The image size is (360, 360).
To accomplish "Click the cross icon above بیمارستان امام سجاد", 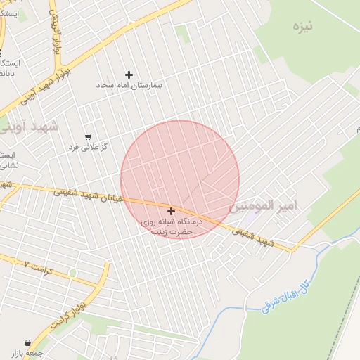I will [x=129, y=74].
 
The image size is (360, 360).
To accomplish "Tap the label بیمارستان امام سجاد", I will [x=129, y=85].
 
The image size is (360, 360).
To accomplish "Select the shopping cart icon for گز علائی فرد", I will [x=88, y=137].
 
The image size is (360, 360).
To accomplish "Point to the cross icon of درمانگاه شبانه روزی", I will [x=171, y=211].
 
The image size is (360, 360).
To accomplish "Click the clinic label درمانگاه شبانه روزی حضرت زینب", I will [x=172, y=226].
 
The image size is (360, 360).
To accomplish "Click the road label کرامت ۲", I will [x=37, y=265].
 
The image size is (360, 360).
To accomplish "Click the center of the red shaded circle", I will [x=180, y=180].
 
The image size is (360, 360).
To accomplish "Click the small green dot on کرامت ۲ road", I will [x=72, y=273].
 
